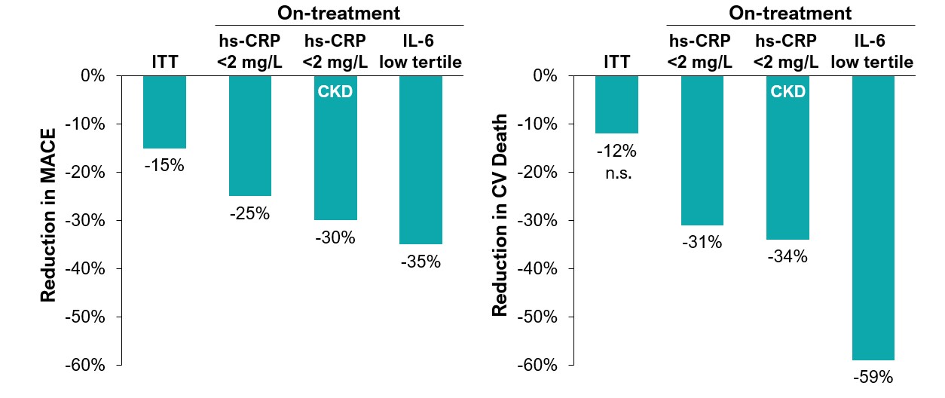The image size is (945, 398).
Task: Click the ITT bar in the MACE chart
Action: (x=164, y=112)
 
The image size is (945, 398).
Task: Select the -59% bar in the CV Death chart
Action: (x=873, y=218)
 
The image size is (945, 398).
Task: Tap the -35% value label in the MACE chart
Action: (x=421, y=262)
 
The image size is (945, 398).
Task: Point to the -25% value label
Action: (x=249, y=214)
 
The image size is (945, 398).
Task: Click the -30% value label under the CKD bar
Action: (x=335, y=238)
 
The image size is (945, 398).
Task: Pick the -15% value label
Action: (x=164, y=166)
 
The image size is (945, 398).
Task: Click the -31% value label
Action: (x=702, y=243)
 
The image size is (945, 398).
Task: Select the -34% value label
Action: (x=787, y=257)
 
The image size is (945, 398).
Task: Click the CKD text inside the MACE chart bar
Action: (x=335, y=92)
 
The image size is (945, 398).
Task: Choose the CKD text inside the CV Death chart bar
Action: (x=787, y=92)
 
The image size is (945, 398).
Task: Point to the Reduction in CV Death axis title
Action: (x=500, y=215)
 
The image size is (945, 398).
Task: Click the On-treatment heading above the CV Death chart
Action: (x=791, y=13)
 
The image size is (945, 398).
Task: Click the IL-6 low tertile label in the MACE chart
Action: (x=421, y=53)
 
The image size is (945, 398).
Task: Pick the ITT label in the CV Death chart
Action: (x=616, y=62)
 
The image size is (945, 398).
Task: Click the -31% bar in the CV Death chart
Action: (x=702, y=150)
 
